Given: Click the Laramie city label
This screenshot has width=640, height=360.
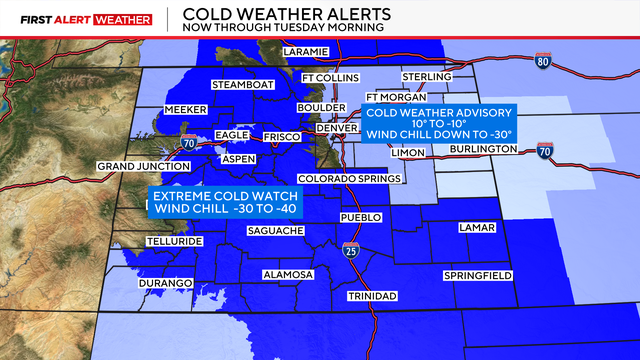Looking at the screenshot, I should coord(305,52).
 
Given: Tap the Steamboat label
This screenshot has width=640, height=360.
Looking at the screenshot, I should coord(242,85).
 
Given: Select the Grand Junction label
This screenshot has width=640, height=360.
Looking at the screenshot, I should coord(136,165).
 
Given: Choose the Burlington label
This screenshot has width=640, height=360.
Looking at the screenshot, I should coord(484,149).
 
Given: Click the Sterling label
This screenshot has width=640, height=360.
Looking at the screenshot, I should coord(426,77).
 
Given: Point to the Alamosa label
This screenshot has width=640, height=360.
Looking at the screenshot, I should coord(287,274).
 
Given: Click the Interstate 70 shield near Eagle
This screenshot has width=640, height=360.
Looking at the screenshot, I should coord(188,144).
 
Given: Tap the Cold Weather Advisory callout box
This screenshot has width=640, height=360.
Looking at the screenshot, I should coord(439,124).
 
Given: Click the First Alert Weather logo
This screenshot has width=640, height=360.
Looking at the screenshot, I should coord(79,19).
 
